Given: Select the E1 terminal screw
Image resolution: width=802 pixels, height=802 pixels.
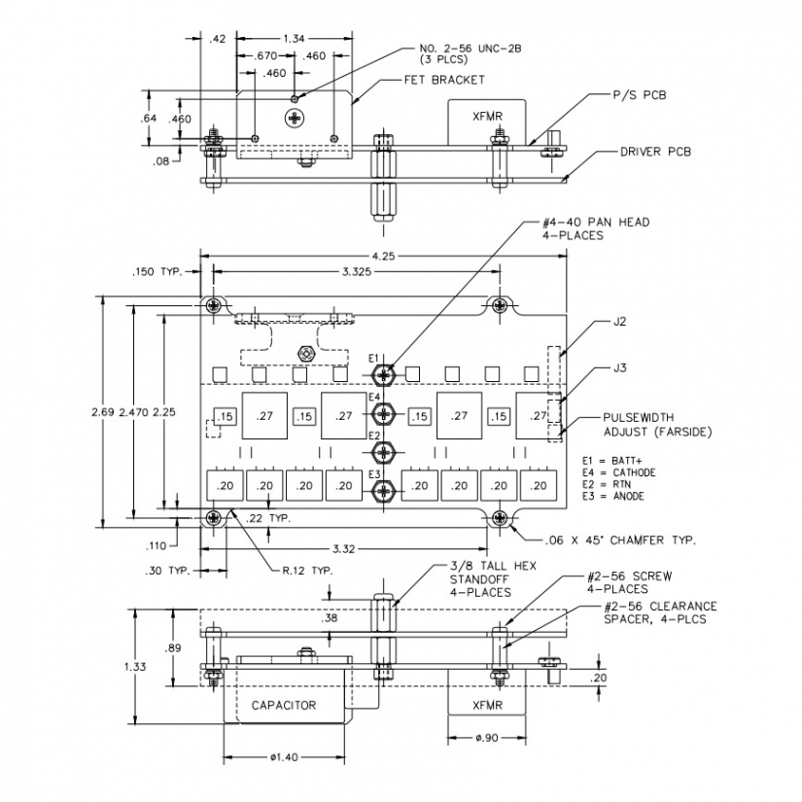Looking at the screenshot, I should tap(386, 374).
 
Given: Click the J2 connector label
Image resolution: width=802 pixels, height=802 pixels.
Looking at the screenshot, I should tap(620, 320).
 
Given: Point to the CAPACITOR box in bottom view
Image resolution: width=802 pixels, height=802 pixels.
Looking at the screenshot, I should tap(284, 705).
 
